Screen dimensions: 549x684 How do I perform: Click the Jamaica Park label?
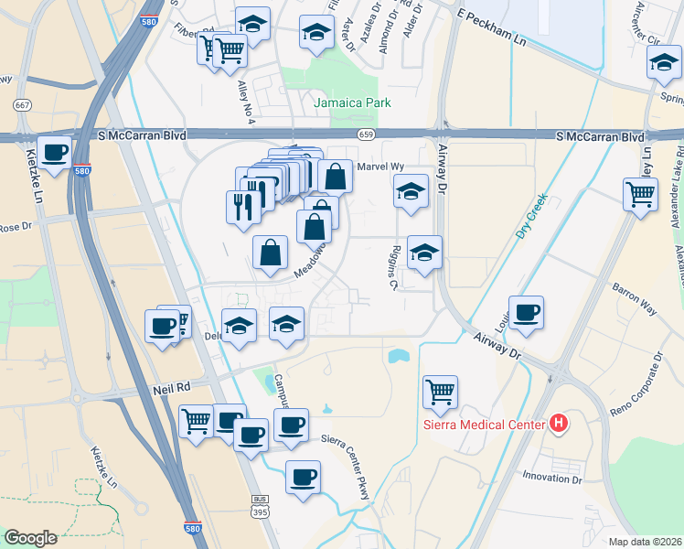352,102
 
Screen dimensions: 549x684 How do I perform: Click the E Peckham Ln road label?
493,17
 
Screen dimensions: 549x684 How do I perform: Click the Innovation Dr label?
551,478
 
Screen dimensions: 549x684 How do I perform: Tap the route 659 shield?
366,135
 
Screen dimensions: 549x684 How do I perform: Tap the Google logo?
30,538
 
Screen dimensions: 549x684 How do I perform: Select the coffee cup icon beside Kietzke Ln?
55,152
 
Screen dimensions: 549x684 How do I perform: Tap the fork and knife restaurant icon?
243,204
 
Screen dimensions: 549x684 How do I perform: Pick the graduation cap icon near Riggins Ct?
424,253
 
